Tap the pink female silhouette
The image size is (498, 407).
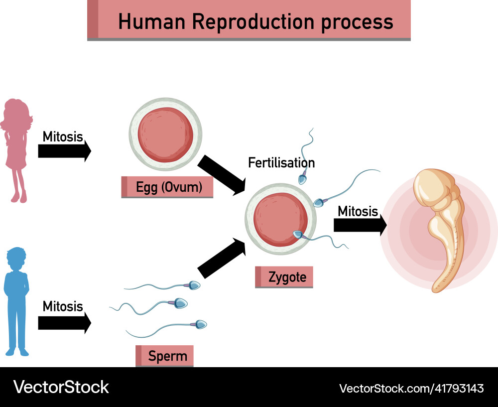pos(17,149)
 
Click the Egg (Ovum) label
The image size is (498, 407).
pos(168,188)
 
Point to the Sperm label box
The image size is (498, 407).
pos(165,356)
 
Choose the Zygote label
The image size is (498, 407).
pos(284,277)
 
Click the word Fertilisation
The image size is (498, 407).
pos(281,162)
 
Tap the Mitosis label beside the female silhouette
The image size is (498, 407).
pos(63,136)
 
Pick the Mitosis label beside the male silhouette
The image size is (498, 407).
pos(63,306)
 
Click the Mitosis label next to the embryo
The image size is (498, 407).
pos(358,211)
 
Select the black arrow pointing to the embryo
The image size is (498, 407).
pos(360,225)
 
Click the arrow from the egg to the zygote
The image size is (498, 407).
pos(222,175)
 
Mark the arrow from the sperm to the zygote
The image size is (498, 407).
pos(222,258)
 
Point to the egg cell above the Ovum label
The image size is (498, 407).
pos(166,134)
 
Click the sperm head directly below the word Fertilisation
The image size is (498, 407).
pos(302,177)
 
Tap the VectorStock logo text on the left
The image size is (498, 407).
pos(61,387)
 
